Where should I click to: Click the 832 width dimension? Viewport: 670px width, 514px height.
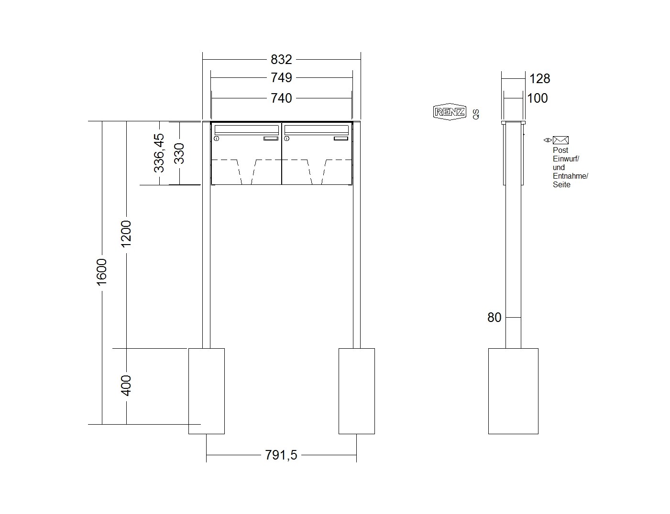tap(281, 59)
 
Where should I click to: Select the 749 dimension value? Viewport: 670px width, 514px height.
tap(281, 77)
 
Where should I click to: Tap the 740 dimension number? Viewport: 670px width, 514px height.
tap(281, 98)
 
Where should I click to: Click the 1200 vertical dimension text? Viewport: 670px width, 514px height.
tap(126, 234)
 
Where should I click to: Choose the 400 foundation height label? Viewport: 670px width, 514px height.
tap(126, 385)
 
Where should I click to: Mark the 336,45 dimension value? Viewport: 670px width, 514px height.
tap(159, 153)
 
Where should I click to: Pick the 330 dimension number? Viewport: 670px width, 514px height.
tap(179, 153)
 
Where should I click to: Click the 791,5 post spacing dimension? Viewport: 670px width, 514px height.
tap(281, 455)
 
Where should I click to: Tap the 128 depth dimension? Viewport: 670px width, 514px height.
tap(539, 79)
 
